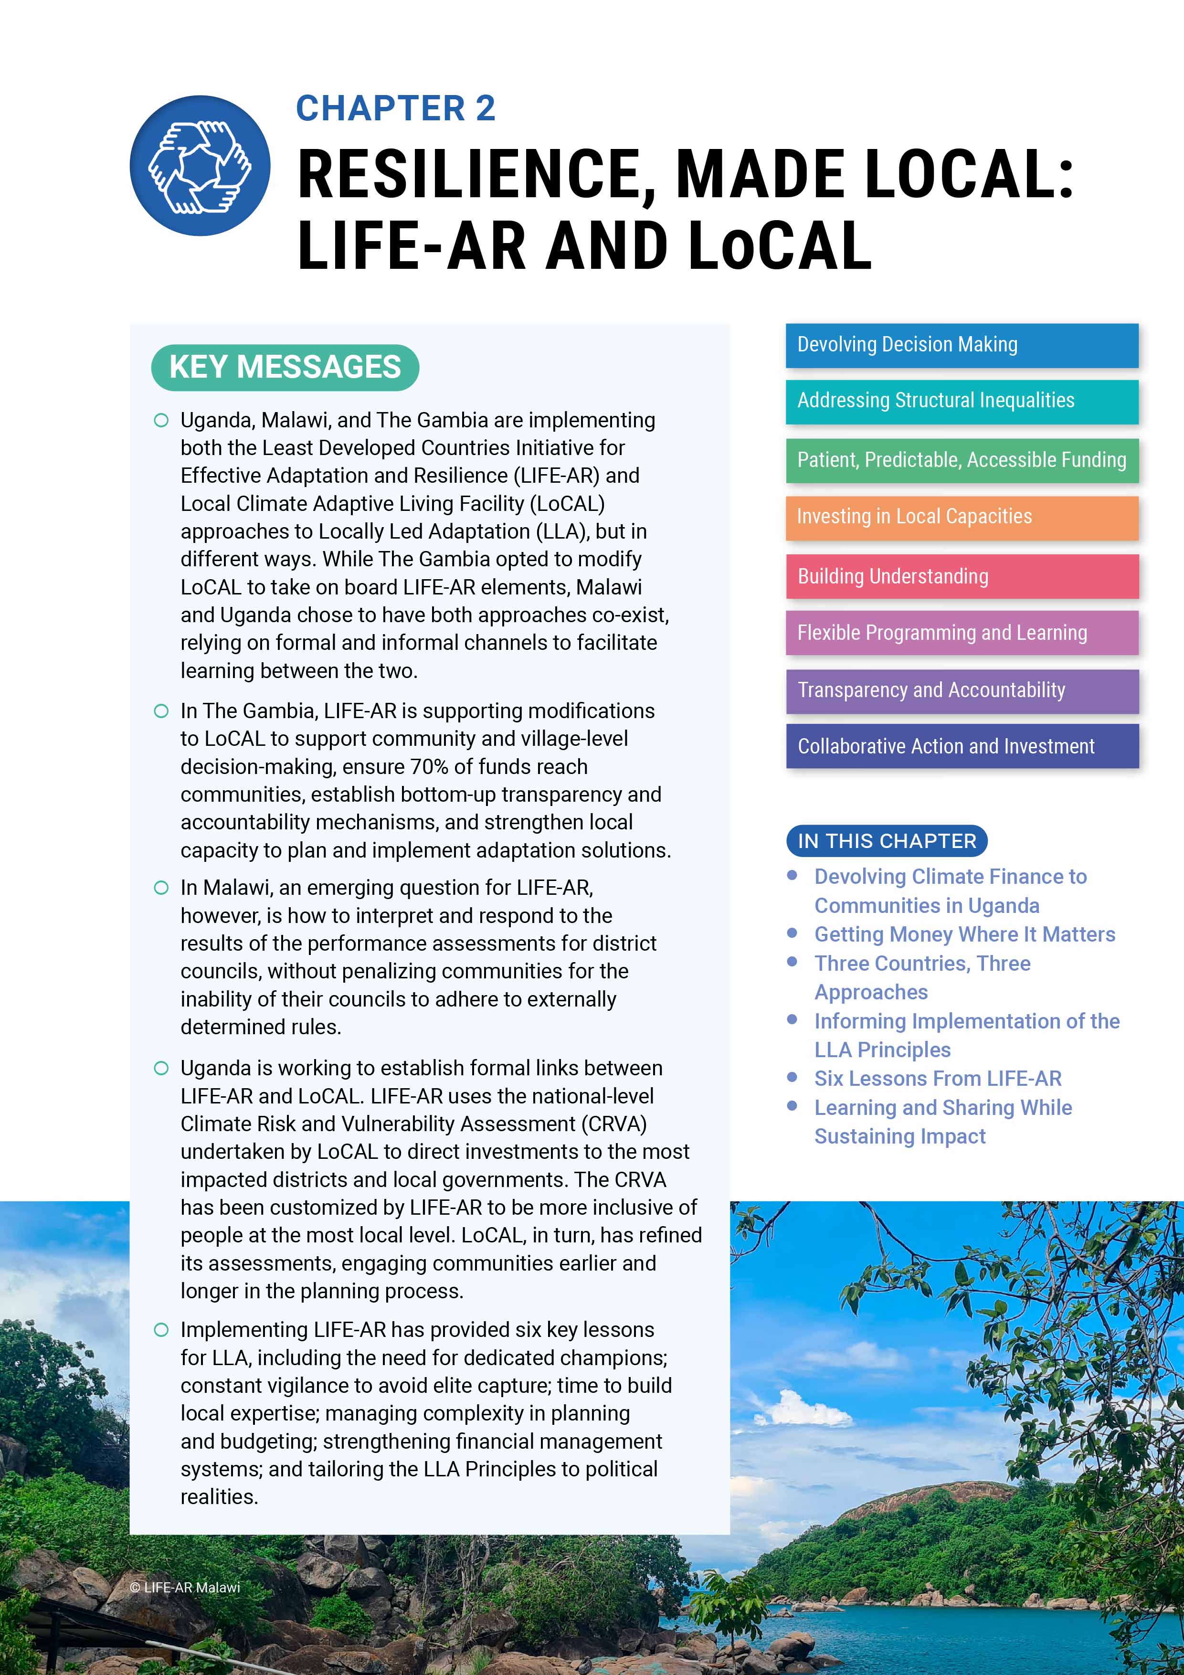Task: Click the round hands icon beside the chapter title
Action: tap(200, 166)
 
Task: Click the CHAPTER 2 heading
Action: tap(395, 109)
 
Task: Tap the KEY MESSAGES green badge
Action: tap(285, 367)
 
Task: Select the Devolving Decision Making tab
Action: tap(962, 345)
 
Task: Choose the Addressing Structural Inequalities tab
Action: tap(962, 401)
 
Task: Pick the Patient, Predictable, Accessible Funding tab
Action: tap(962, 460)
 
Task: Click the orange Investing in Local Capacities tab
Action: tap(962, 517)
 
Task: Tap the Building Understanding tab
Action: tap(962, 576)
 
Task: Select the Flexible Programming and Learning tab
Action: tap(962, 633)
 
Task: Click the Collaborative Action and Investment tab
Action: tap(962, 746)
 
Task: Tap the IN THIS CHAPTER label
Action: tap(887, 841)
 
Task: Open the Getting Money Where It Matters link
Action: tap(964, 934)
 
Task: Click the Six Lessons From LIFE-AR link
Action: tap(938, 1078)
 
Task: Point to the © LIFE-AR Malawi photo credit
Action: tap(185, 1588)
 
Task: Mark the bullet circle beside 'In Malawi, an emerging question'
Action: tap(161, 888)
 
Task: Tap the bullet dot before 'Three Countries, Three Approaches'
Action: tap(792, 962)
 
